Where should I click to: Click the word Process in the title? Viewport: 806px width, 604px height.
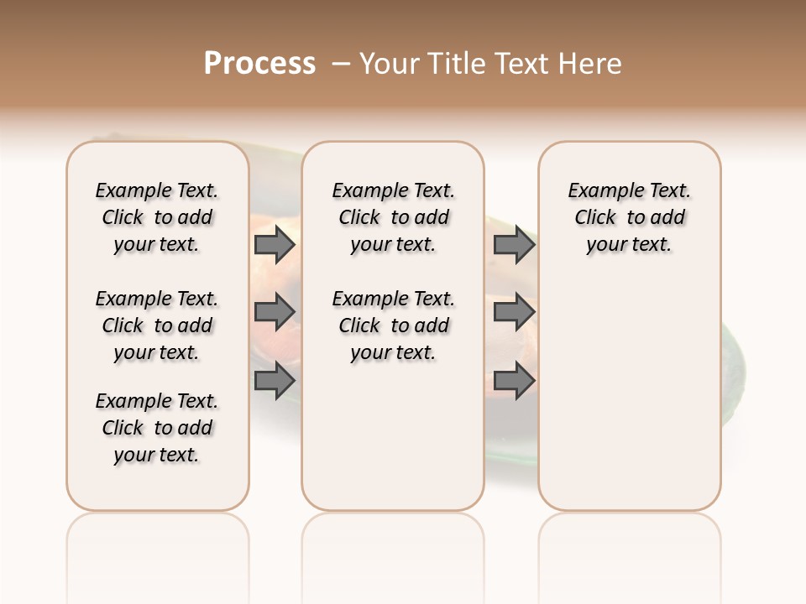click(259, 63)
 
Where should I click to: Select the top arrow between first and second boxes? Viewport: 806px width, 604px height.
click(275, 245)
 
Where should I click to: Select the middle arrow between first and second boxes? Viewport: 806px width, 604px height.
click(275, 312)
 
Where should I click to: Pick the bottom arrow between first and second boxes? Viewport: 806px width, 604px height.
click(275, 380)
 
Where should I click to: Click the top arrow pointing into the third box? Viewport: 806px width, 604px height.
click(514, 245)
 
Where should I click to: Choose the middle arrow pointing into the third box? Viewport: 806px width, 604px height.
click(514, 312)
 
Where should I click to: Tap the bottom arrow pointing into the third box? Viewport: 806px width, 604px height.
click(514, 380)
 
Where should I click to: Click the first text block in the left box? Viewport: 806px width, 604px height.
click(157, 217)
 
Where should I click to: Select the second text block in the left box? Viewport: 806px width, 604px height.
click(157, 325)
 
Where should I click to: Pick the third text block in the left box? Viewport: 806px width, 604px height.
click(157, 428)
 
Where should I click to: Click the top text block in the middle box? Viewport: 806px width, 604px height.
click(393, 217)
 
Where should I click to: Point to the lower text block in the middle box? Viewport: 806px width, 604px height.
click(393, 325)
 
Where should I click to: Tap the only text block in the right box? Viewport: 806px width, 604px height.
click(629, 217)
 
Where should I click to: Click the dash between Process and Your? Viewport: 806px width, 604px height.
click(340, 63)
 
